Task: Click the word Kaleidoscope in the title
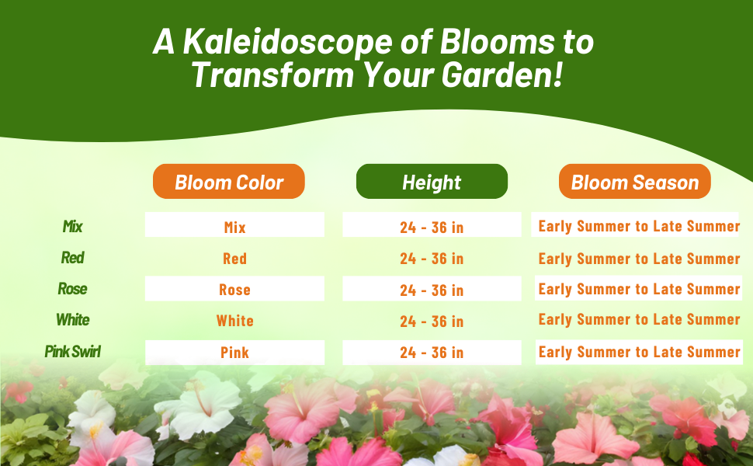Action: click(x=288, y=42)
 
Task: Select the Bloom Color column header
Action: click(x=229, y=182)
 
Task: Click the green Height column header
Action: click(x=432, y=182)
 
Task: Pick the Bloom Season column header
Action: click(x=635, y=182)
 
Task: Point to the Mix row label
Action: click(x=72, y=226)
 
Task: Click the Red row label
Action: click(x=72, y=258)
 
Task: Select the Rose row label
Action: click(x=72, y=289)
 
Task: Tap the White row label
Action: click(x=72, y=320)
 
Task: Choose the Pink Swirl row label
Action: click(x=72, y=352)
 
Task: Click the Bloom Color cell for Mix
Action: click(x=235, y=224)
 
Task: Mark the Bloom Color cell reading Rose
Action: click(x=235, y=289)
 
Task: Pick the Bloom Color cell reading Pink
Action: click(x=235, y=353)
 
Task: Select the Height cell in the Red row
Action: click(x=432, y=259)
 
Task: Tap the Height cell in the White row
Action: click(x=432, y=322)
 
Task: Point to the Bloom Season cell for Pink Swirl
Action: click(x=639, y=352)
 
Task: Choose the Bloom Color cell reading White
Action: click(x=235, y=321)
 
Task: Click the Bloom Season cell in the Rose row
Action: click(x=639, y=288)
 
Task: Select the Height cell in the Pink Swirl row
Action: click(x=432, y=353)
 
